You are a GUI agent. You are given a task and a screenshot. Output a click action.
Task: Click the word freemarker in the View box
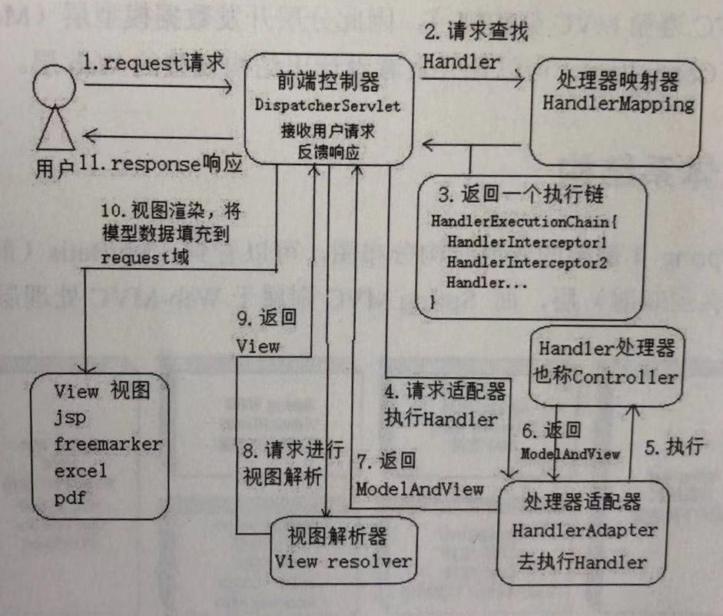click(x=108, y=444)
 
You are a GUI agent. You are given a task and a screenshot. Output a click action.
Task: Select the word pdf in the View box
click(x=69, y=498)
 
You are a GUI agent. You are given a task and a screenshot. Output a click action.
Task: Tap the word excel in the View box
click(x=80, y=471)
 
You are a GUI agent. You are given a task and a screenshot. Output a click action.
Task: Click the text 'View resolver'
click(x=343, y=561)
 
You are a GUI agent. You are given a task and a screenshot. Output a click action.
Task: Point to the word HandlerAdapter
click(x=585, y=530)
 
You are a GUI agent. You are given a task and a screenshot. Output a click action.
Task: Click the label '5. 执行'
click(x=674, y=448)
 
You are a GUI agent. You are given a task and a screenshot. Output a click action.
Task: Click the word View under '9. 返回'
click(x=257, y=346)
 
